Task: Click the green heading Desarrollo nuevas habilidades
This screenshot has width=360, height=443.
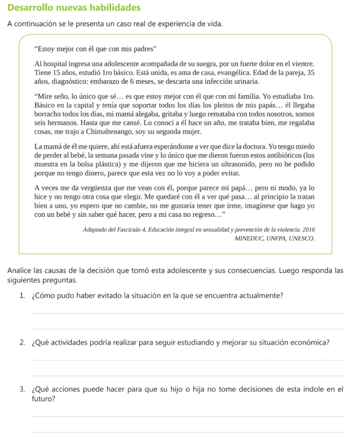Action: pos(74,8)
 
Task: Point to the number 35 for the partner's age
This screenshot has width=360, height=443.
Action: pos(310,73)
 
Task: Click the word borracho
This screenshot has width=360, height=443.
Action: pos(49,114)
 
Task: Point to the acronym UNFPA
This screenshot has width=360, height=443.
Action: pos(276,238)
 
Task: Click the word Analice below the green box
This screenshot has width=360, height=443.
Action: pos(20,271)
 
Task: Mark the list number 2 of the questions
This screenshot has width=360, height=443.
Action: pos(22,343)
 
